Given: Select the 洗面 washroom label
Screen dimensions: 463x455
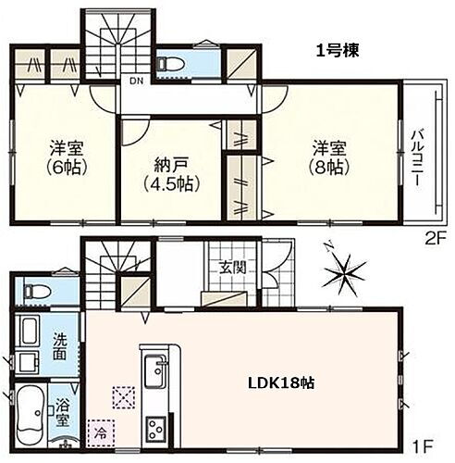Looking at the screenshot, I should pos(59,345).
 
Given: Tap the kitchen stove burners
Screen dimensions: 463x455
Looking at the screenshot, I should pos(154,429).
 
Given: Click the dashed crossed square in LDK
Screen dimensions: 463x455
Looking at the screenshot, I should pos(123,395).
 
